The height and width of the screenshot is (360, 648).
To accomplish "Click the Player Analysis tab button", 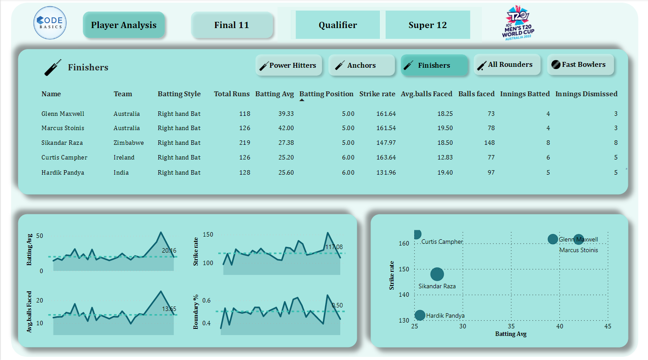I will coord(124,25).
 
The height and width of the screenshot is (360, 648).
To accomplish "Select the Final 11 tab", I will coord(232,25).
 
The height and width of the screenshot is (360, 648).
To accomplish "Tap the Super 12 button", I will coord(428,25).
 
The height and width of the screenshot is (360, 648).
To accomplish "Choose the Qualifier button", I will coord(338,25).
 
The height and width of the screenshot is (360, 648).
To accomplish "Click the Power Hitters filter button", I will coord(289,65).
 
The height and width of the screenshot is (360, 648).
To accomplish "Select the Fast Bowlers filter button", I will coord(580,65).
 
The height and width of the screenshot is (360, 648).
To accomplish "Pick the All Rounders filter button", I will coord(507,65).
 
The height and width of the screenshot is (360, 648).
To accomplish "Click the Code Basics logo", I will coord(51,23).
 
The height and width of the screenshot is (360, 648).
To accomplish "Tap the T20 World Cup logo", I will coord(518,23).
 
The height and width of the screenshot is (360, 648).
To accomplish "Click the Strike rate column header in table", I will coord(377,94).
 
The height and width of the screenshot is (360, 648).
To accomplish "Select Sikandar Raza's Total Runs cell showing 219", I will coord(244,143).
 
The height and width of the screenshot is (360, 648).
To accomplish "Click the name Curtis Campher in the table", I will coord(64,157).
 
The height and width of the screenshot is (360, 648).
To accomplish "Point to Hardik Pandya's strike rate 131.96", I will coord(385,172).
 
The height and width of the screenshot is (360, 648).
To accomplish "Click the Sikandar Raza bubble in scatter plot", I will coord(437,274).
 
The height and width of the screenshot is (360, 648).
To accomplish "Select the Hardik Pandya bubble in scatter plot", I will coord(420,315).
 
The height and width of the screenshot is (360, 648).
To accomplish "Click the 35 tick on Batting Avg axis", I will coord(511,327).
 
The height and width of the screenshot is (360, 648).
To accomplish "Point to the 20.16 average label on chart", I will coord(169,250).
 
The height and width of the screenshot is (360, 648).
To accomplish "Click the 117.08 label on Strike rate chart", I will coord(334,247).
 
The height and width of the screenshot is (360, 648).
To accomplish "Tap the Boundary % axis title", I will coord(196,312).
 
